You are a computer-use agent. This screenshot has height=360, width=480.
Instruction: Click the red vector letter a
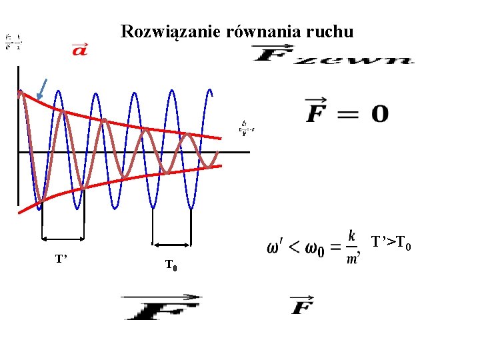pyautogui.click(x=79, y=49)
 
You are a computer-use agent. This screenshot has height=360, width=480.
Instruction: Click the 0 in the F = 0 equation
pyautogui.click(x=379, y=114)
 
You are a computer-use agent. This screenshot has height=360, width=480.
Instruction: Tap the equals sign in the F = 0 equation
pyautogui.click(x=347, y=114)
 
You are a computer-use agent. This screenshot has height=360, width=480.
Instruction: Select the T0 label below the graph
pyautogui.click(x=171, y=267)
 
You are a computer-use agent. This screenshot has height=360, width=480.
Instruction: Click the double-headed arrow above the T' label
pyautogui.click(x=63, y=237)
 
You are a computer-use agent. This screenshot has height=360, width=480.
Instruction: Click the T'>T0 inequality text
pyautogui.click(x=391, y=241)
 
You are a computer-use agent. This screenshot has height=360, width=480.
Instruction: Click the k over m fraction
pyautogui.click(x=351, y=247)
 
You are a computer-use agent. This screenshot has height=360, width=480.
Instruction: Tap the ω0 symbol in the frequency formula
pyautogui.click(x=311, y=249)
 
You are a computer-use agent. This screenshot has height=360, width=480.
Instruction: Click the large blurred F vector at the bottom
pyautogui.click(x=161, y=307)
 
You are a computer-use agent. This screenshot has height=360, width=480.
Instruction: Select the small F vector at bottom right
pyautogui.click(x=302, y=305)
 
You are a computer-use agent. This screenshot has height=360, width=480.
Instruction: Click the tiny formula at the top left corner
pyautogui.click(x=12, y=42)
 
